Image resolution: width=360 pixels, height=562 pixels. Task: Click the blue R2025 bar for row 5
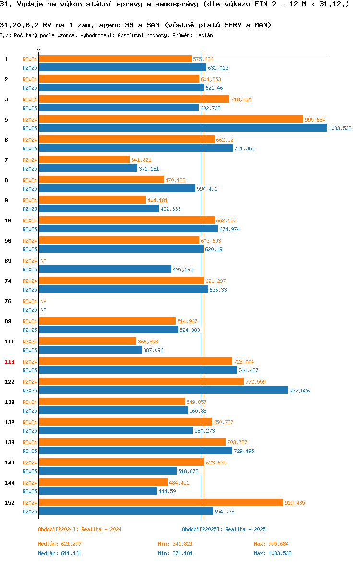point(183,128)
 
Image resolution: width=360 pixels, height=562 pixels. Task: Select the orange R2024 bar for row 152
point(161,503)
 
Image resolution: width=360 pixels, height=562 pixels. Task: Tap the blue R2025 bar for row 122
point(163,391)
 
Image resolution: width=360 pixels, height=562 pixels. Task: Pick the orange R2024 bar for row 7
point(84,160)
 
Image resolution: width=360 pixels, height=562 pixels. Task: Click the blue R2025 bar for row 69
point(105,269)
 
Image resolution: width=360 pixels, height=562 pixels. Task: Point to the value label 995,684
point(315,120)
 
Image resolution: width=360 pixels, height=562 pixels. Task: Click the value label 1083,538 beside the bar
point(340,128)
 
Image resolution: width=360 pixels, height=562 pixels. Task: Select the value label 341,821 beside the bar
point(141,160)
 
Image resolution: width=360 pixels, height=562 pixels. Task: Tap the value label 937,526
point(300,391)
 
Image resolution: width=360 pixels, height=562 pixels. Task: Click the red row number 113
point(10,362)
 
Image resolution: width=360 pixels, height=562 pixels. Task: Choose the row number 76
point(8,301)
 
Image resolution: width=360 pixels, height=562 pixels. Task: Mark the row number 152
point(10,503)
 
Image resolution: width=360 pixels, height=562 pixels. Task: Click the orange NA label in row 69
point(43,261)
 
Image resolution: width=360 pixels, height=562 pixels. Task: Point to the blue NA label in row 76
point(43,310)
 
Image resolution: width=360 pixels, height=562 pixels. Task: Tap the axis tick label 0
point(39,50)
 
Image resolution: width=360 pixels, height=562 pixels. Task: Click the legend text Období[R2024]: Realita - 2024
point(80,529)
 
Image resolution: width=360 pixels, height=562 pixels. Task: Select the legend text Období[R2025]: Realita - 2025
point(224,529)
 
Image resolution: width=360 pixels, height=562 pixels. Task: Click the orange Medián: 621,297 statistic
point(60,544)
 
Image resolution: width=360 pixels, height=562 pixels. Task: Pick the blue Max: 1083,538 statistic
point(273,553)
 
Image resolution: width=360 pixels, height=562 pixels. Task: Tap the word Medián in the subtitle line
point(204,35)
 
